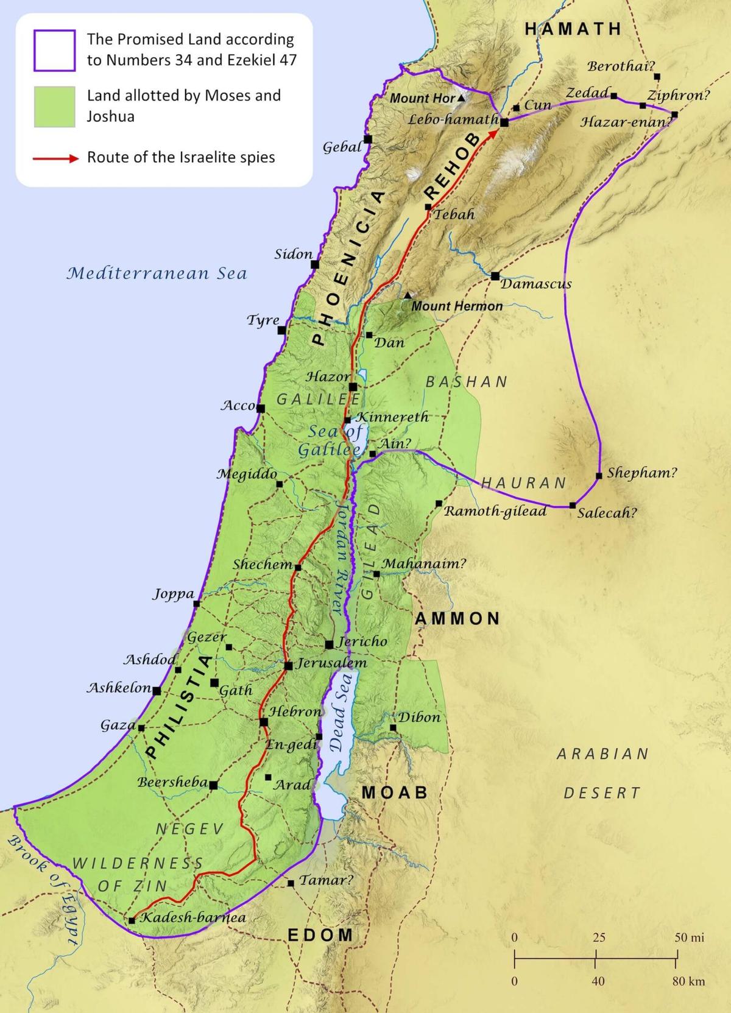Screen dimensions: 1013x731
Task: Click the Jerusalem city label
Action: click(x=331, y=663)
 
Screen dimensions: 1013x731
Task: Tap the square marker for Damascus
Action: click(x=495, y=276)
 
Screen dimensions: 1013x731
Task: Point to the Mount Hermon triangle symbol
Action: click(x=407, y=295)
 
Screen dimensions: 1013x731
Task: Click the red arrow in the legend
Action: click(x=56, y=158)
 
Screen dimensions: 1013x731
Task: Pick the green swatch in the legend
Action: click(x=55, y=107)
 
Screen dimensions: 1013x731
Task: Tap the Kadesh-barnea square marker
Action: click(x=132, y=920)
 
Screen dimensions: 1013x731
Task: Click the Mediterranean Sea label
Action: click(x=157, y=273)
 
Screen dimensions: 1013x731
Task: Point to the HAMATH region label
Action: click(x=573, y=29)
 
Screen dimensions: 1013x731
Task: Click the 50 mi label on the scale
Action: click(x=689, y=937)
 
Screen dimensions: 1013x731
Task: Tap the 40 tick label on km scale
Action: click(x=598, y=981)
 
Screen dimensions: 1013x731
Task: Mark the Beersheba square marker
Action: click(x=213, y=785)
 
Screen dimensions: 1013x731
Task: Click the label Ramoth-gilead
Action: click(x=495, y=511)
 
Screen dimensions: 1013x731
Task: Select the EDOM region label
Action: click(x=320, y=935)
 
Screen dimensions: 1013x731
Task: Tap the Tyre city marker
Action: click(x=282, y=331)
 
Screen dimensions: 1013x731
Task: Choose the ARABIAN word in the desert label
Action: click(x=602, y=754)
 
